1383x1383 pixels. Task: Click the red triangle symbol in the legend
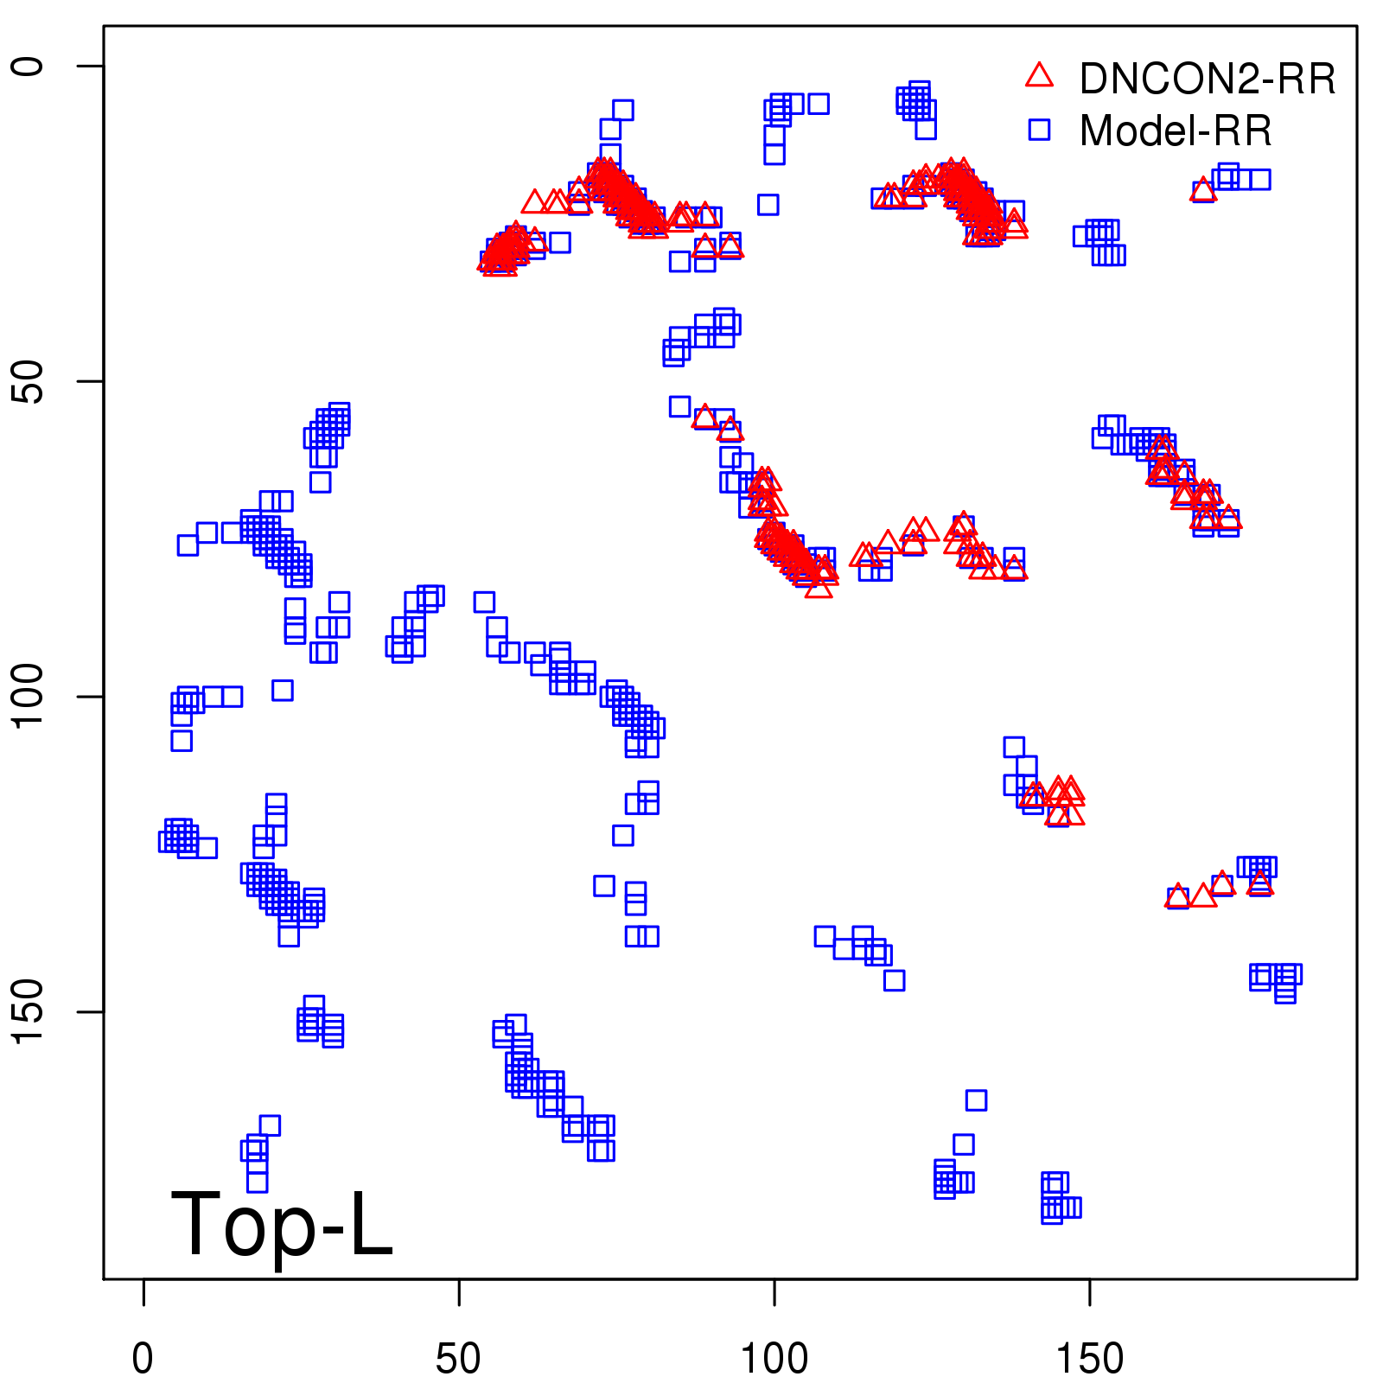point(1039,76)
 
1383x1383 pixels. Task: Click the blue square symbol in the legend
point(1039,130)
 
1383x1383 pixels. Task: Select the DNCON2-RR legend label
point(1208,80)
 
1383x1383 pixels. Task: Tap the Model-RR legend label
point(1176,131)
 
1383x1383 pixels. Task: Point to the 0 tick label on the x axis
point(143,1359)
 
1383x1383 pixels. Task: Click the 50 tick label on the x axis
point(458,1359)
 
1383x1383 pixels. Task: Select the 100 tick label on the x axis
point(774,1359)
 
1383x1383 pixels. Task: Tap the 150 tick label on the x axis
point(1090,1359)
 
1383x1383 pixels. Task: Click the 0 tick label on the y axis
point(28,67)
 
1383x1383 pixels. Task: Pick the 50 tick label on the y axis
point(28,381)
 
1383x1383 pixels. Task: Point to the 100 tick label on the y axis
point(28,697)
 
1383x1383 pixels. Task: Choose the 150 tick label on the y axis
point(28,1012)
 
